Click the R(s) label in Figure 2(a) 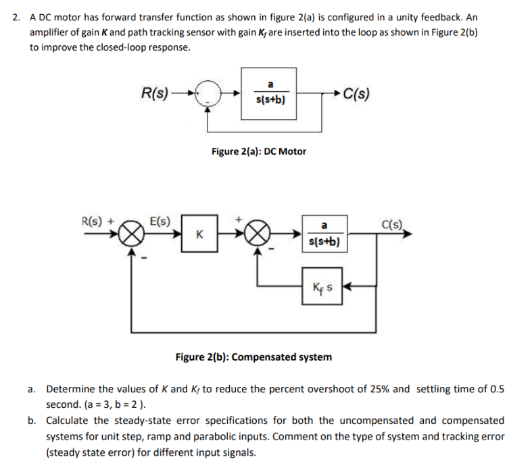click(154, 92)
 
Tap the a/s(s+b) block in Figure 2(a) click(270, 93)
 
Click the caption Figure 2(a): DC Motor click(258, 151)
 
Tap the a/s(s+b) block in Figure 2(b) click(324, 234)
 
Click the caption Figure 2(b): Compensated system click(253, 356)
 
